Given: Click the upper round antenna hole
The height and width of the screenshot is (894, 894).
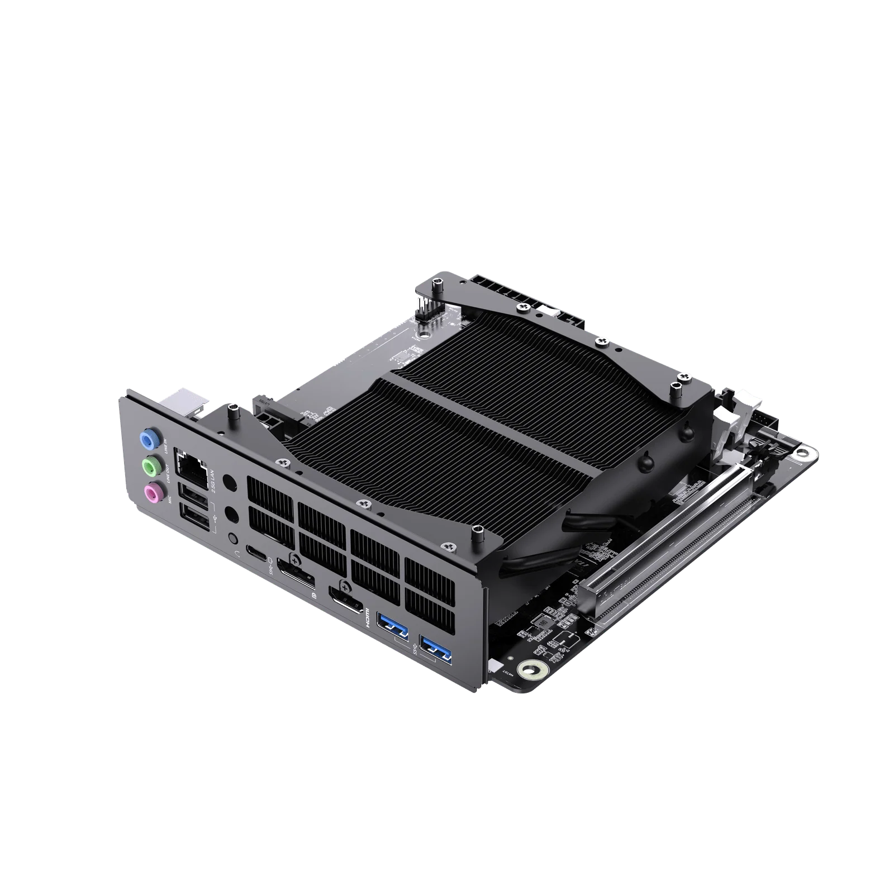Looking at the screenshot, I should tap(229, 482).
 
